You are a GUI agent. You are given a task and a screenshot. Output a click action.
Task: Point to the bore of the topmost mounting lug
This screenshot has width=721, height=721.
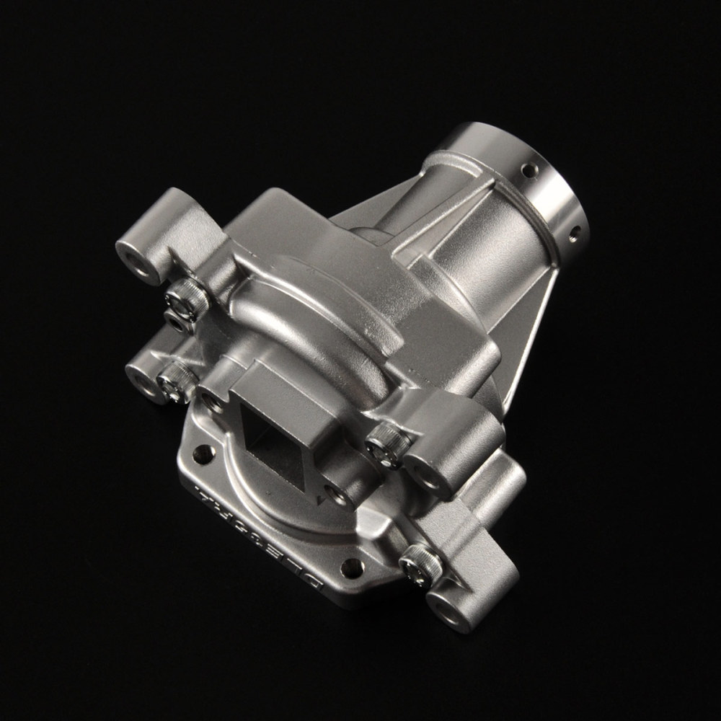(134, 261)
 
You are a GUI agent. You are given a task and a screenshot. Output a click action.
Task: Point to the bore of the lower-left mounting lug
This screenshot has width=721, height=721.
(143, 381)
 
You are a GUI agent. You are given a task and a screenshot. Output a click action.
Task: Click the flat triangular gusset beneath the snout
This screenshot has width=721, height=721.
(530, 339)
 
